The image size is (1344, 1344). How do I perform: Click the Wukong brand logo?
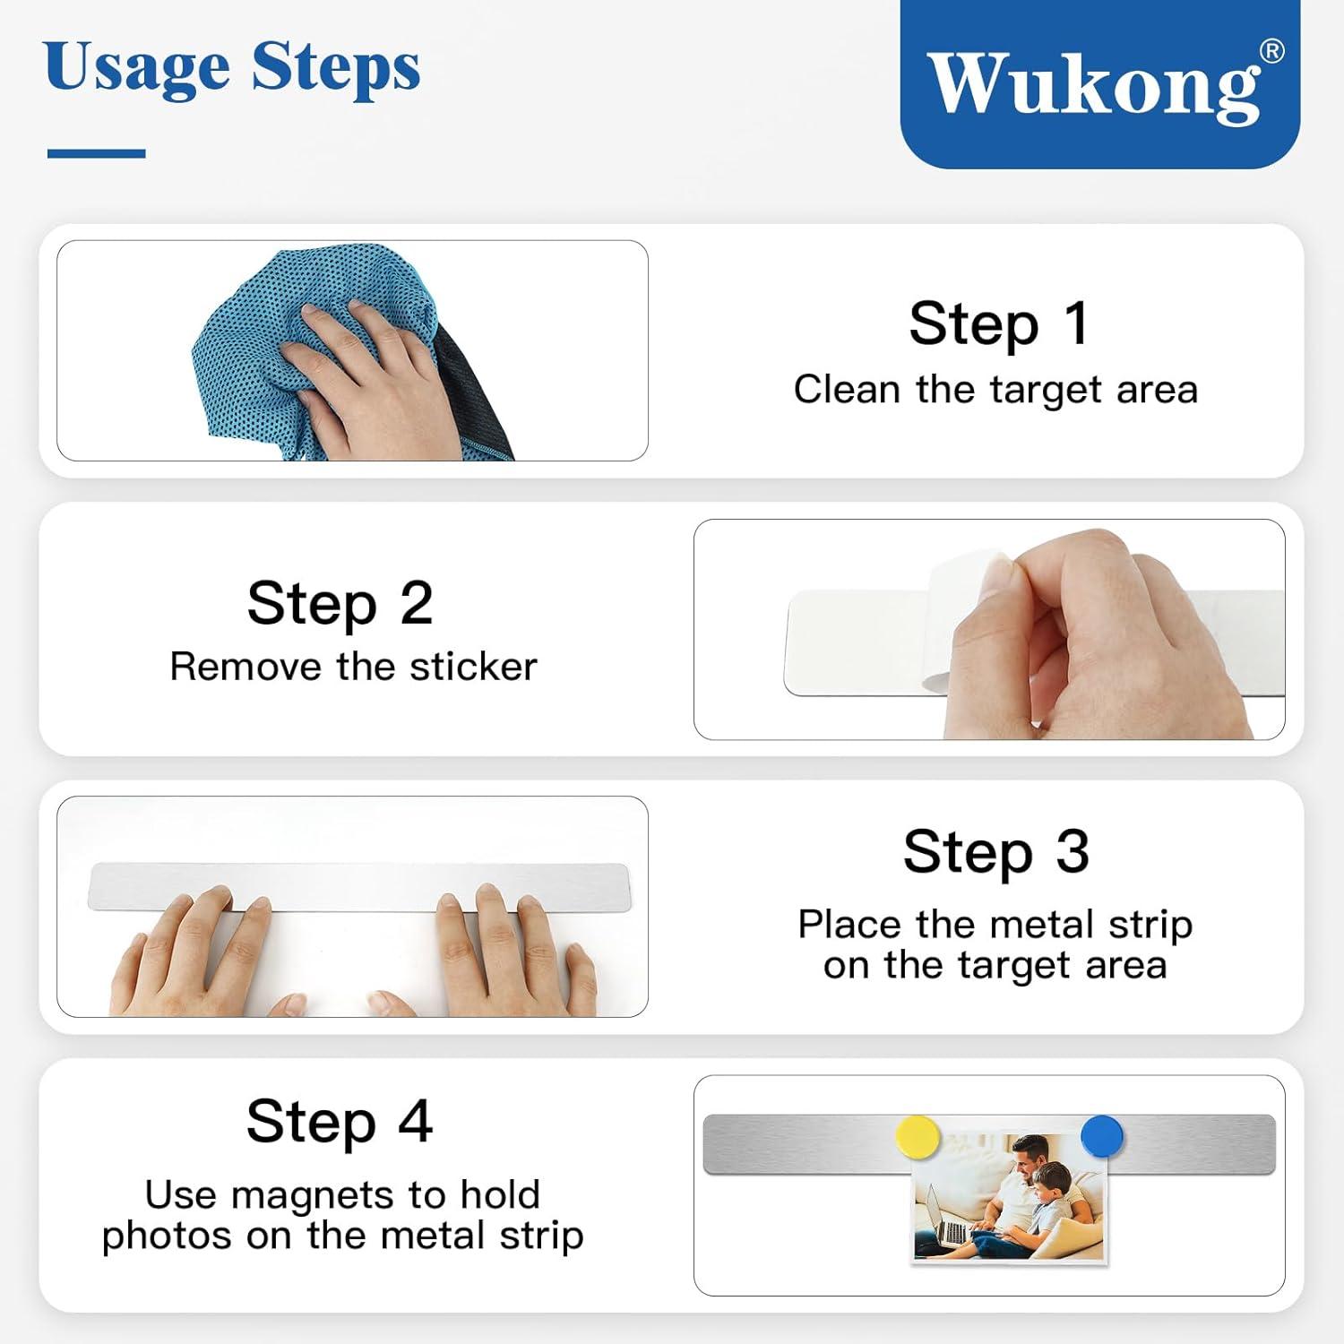coord(1099,83)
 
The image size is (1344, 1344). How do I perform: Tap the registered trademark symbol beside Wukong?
coord(1271,52)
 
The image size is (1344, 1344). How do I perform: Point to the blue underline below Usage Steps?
coord(96,154)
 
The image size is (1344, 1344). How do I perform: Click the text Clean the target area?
coord(995,390)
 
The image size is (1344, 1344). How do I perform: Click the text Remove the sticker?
coord(353,667)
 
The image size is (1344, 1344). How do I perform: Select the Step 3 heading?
coord(995,851)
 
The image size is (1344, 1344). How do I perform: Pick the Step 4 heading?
coord(340,1121)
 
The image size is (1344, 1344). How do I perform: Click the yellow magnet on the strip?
coord(918,1137)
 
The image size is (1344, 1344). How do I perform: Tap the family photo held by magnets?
coord(1010,1196)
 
